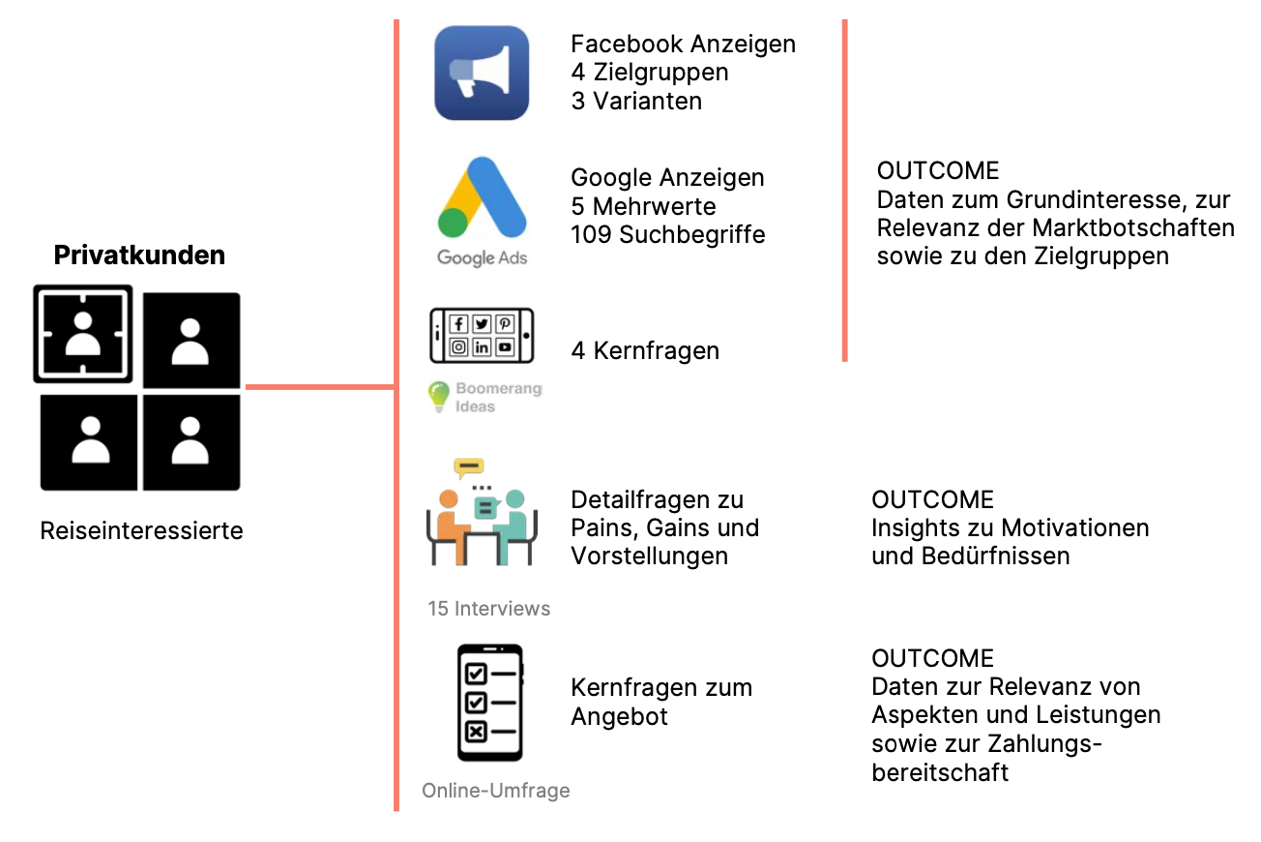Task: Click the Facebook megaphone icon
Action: [x=482, y=74]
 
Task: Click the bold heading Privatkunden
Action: [x=139, y=256]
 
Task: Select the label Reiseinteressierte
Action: [x=141, y=530]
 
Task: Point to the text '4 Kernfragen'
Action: [x=645, y=350]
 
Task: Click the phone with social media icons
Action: [x=482, y=335]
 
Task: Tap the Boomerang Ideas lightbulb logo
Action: [x=440, y=396]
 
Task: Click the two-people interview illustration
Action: [x=481, y=513]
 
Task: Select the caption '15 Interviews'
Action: [x=489, y=609]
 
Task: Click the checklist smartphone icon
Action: [x=489, y=703]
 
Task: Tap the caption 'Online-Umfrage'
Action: [x=495, y=791]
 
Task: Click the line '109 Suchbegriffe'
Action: [x=667, y=234]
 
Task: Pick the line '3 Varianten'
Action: [x=636, y=101]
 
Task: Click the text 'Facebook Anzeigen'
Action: [x=683, y=45]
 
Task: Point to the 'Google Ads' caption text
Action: [x=482, y=258]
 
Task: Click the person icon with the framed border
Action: [x=83, y=333]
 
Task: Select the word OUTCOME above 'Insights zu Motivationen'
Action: [x=932, y=500]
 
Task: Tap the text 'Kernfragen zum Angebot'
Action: [x=661, y=703]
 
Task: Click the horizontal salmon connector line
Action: [x=319, y=387]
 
